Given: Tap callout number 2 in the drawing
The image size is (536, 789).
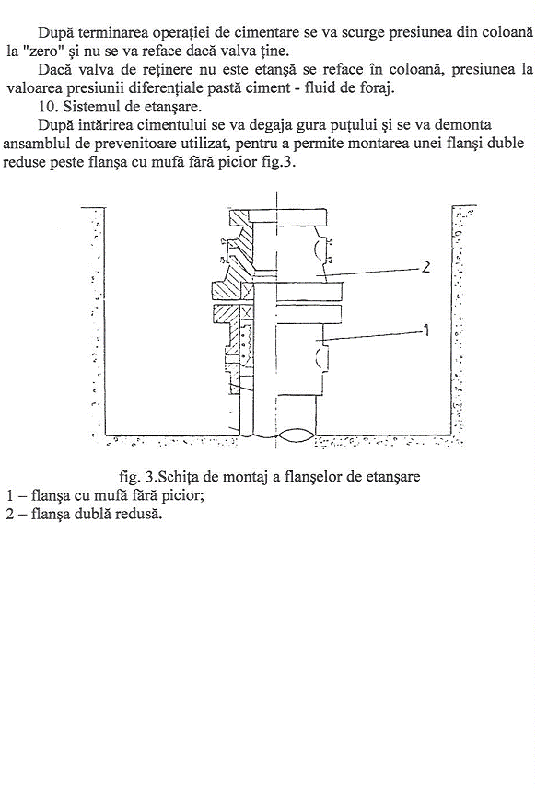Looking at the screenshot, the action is click(425, 267).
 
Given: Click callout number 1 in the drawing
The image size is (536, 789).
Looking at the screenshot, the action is click(425, 331).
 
